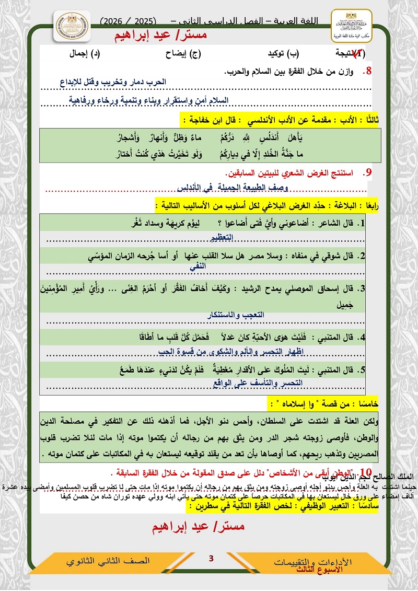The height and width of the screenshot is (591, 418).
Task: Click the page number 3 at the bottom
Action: pyautogui.click(x=212, y=559)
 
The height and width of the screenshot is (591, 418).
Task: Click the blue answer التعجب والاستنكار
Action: pyautogui.click(x=236, y=316)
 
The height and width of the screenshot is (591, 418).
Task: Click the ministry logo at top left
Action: pyautogui.click(x=72, y=30)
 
